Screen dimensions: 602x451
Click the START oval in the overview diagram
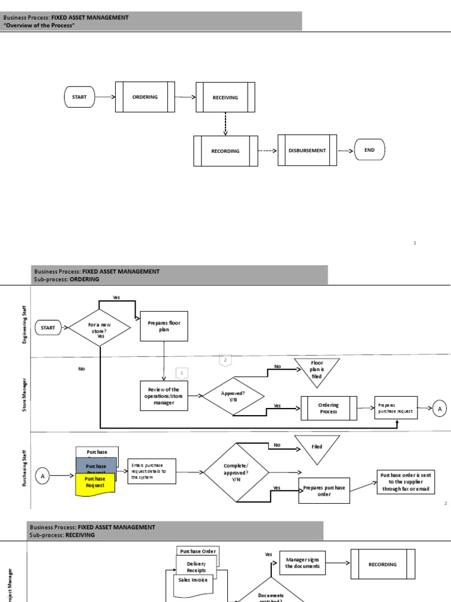click(x=79, y=97)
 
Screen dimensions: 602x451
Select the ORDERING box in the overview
click(x=145, y=97)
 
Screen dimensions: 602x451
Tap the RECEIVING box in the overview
click(x=225, y=98)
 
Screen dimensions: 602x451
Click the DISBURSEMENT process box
click(x=307, y=150)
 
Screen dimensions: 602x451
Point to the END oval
click(x=369, y=150)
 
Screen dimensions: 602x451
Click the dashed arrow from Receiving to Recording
click(x=225, y=123)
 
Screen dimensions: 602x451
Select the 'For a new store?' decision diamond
click(x=99, y=327)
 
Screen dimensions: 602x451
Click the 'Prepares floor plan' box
click(x=164, y=326)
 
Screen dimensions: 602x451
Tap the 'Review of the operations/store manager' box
click(x=164, y=396)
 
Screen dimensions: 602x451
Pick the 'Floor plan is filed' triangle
click(x=317, y=370)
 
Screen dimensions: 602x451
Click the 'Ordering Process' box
click(x=329, y=408)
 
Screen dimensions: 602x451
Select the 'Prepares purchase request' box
click(x=396, y=408)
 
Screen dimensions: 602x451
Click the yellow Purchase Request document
click(x=96, y=483)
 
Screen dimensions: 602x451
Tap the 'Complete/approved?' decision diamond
click(x=236, y=472)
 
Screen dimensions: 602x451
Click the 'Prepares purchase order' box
click(x=325, y=491)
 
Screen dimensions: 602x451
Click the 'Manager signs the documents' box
click(x=302, y=563)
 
